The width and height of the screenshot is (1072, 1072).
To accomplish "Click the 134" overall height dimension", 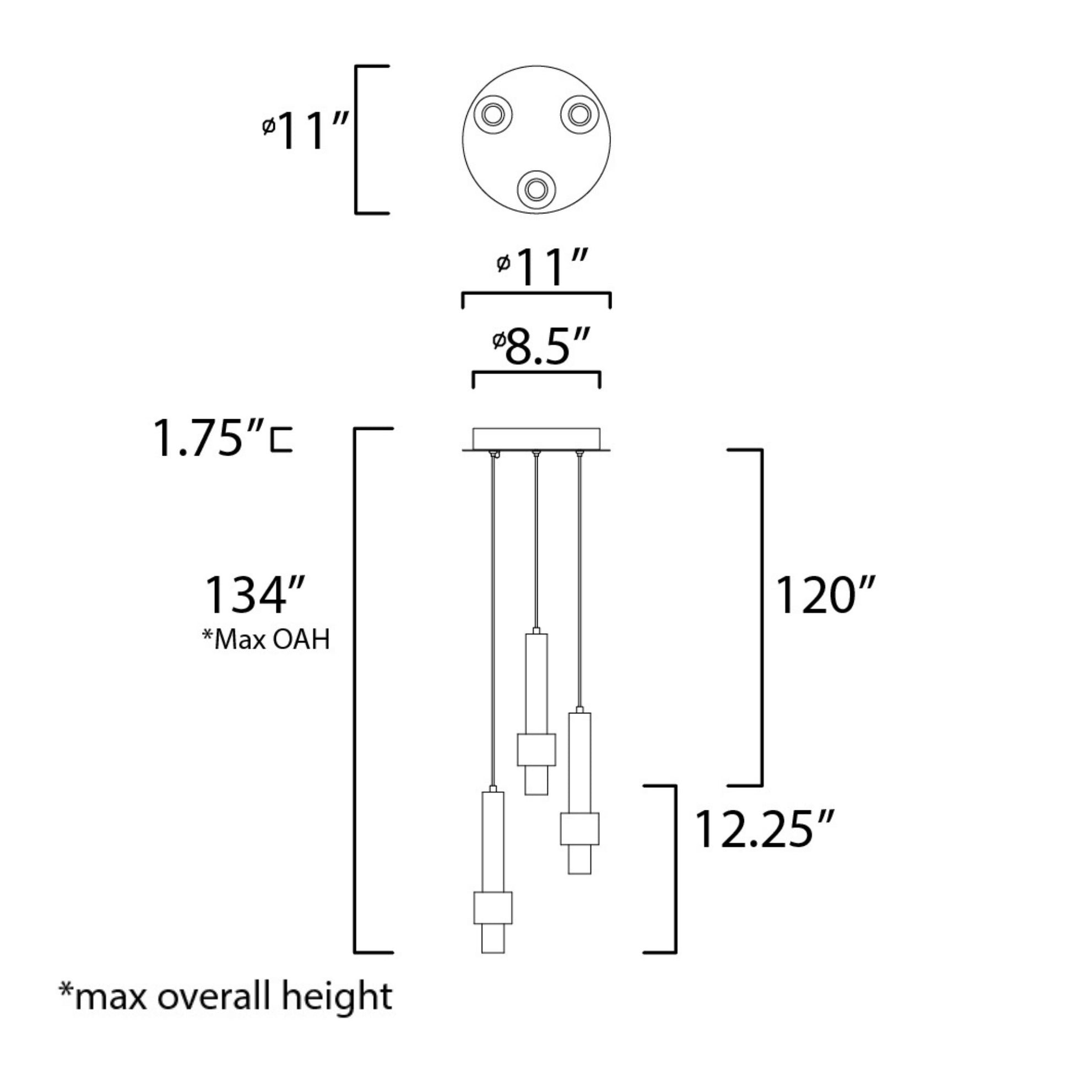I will point(254,595).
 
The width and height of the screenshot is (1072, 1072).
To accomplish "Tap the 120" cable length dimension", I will point(825,595).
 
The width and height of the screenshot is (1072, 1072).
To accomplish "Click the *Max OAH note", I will point(266,640).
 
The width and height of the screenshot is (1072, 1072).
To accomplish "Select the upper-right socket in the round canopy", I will point(580,115).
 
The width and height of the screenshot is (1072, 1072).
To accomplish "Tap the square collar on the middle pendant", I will point(536,750).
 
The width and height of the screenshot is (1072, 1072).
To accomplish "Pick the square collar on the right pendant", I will point(580,829).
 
